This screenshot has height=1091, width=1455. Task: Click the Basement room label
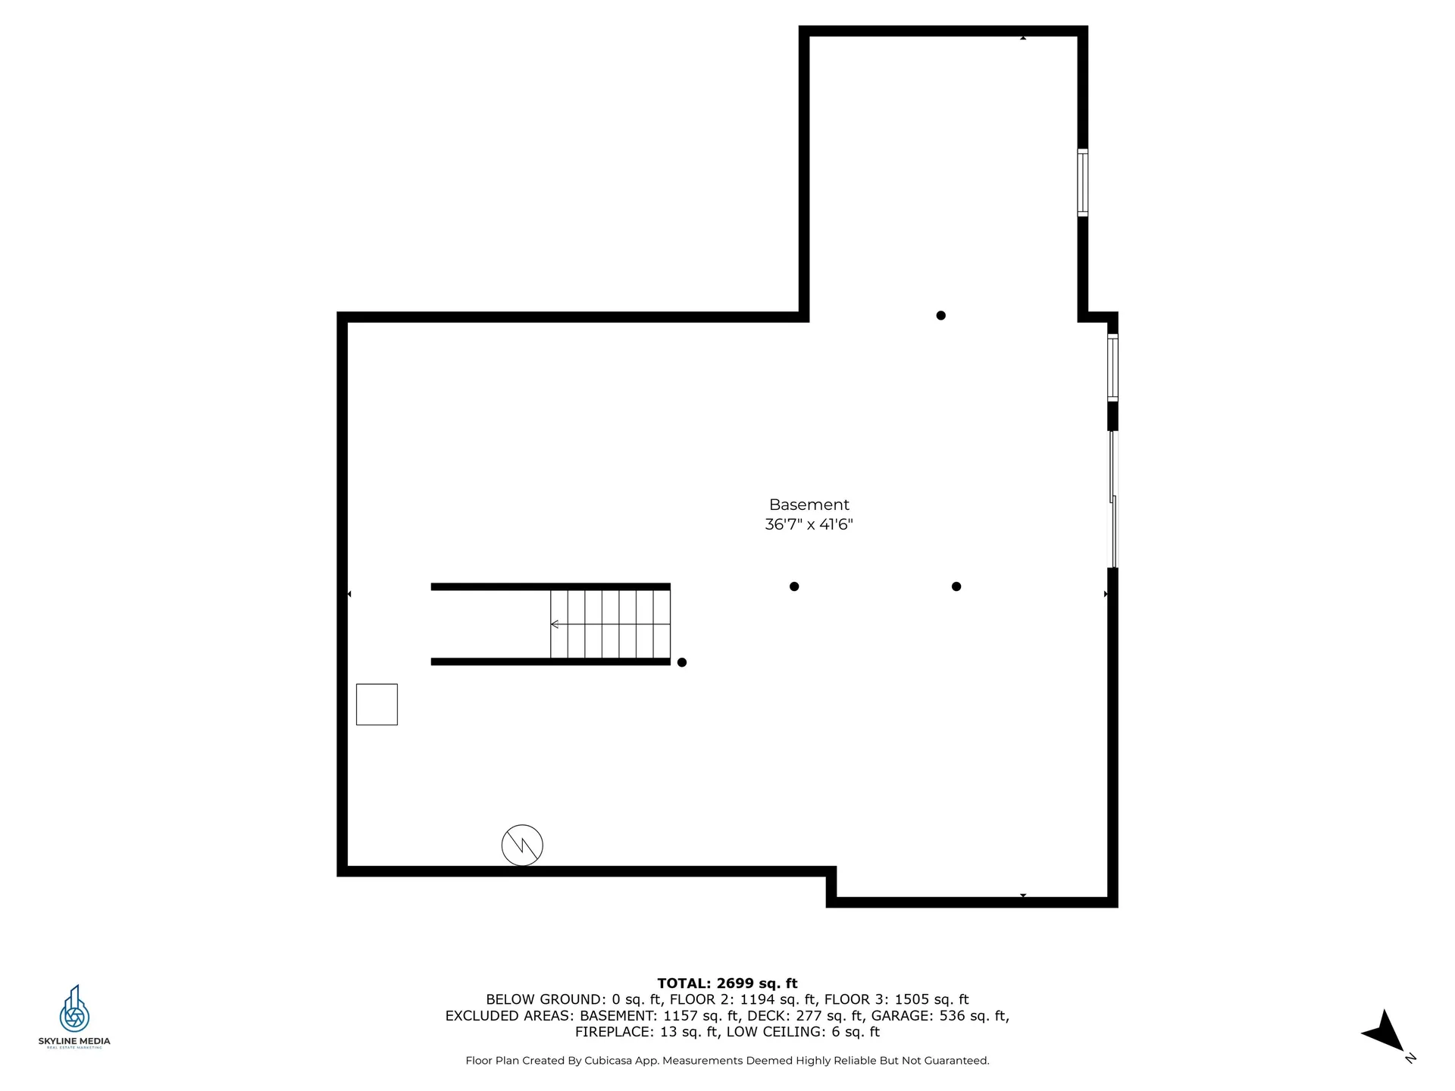coord(809,505)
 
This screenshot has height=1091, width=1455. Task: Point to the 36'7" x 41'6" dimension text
coord(809,524)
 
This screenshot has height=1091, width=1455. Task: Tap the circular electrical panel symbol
coord(522,845)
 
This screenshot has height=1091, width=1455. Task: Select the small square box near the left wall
coord(377,705)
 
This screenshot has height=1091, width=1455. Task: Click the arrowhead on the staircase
coord(555,624)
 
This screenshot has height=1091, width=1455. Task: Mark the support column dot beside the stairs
coord(682,662)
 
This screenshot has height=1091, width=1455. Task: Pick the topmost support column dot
coord(940,315)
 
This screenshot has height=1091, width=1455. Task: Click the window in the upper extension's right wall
coord(1083,183)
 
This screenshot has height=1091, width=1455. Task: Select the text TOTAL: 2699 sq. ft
coord(727,983)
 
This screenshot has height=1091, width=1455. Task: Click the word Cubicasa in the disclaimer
coord(610,1061)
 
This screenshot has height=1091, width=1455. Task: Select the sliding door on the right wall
coord(1113,499)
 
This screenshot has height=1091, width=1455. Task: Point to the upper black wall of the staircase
coord(550,586)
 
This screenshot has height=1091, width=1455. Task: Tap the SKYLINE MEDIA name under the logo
coord(74,1042)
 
